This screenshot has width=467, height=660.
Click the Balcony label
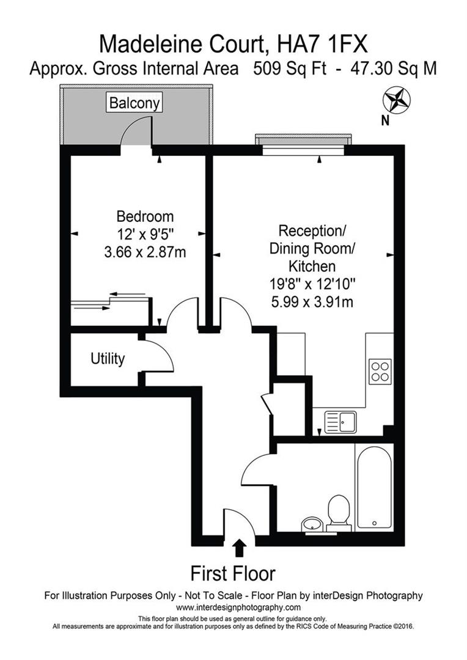click(x=134, y=103)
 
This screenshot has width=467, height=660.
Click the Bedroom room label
click(x=145, y=216)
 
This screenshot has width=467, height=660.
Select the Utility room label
click(x=108, y=359)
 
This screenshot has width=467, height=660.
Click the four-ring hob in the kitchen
click(x=380, y=371)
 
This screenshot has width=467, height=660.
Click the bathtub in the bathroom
click(x=373, y=486)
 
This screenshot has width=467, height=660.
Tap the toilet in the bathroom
click(x=338, y=512)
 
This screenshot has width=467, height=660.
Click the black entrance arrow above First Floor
click(x=240, y=548)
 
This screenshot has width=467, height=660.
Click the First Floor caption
click(x=233, y=574)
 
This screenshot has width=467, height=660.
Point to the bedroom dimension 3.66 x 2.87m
click(x=145, y=251)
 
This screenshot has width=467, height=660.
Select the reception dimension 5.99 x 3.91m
click(x=312, y=301)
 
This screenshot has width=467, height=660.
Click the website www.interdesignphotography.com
click(x=238, y=607)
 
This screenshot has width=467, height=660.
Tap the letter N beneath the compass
click(x=385, y=120)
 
